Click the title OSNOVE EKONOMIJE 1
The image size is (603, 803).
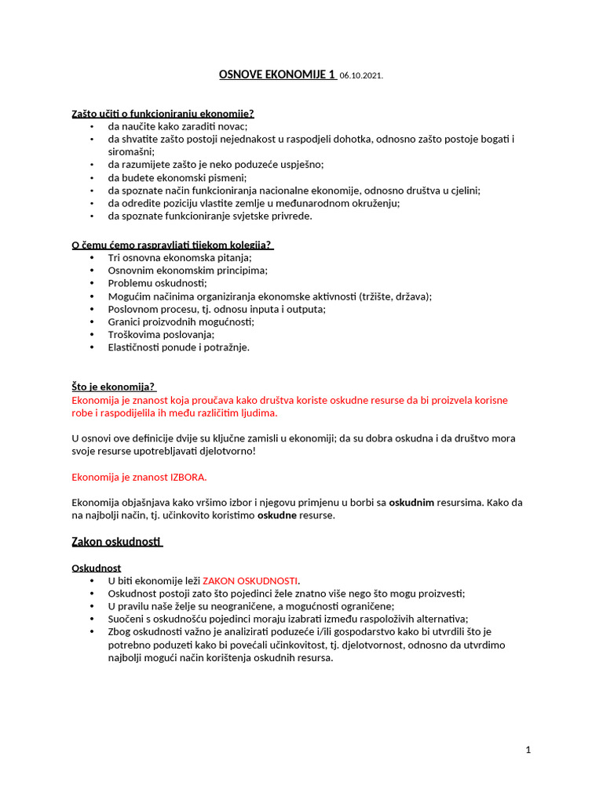[x=276, y=75]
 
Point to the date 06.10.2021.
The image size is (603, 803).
[x=362, y=76]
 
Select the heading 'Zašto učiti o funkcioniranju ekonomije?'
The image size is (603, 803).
[x=163, y=114]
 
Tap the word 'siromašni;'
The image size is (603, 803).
[x=131, y=151]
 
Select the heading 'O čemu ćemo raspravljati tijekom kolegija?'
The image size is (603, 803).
[x=177, y=245]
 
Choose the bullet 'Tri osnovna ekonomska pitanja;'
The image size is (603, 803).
[x=180, y=257]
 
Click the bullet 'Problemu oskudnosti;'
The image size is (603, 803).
[x=157, y=283]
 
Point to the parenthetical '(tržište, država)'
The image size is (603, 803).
[x=394, y=296]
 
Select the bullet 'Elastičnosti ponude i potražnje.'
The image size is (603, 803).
[x=178, y=347]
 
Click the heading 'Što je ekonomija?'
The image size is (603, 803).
[x=114, y=387]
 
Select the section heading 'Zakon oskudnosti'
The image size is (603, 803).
[x=116, y=542]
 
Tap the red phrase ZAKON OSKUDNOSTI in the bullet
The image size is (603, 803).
[x=250, y=580]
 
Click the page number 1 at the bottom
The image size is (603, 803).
[x=528, y=750]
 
